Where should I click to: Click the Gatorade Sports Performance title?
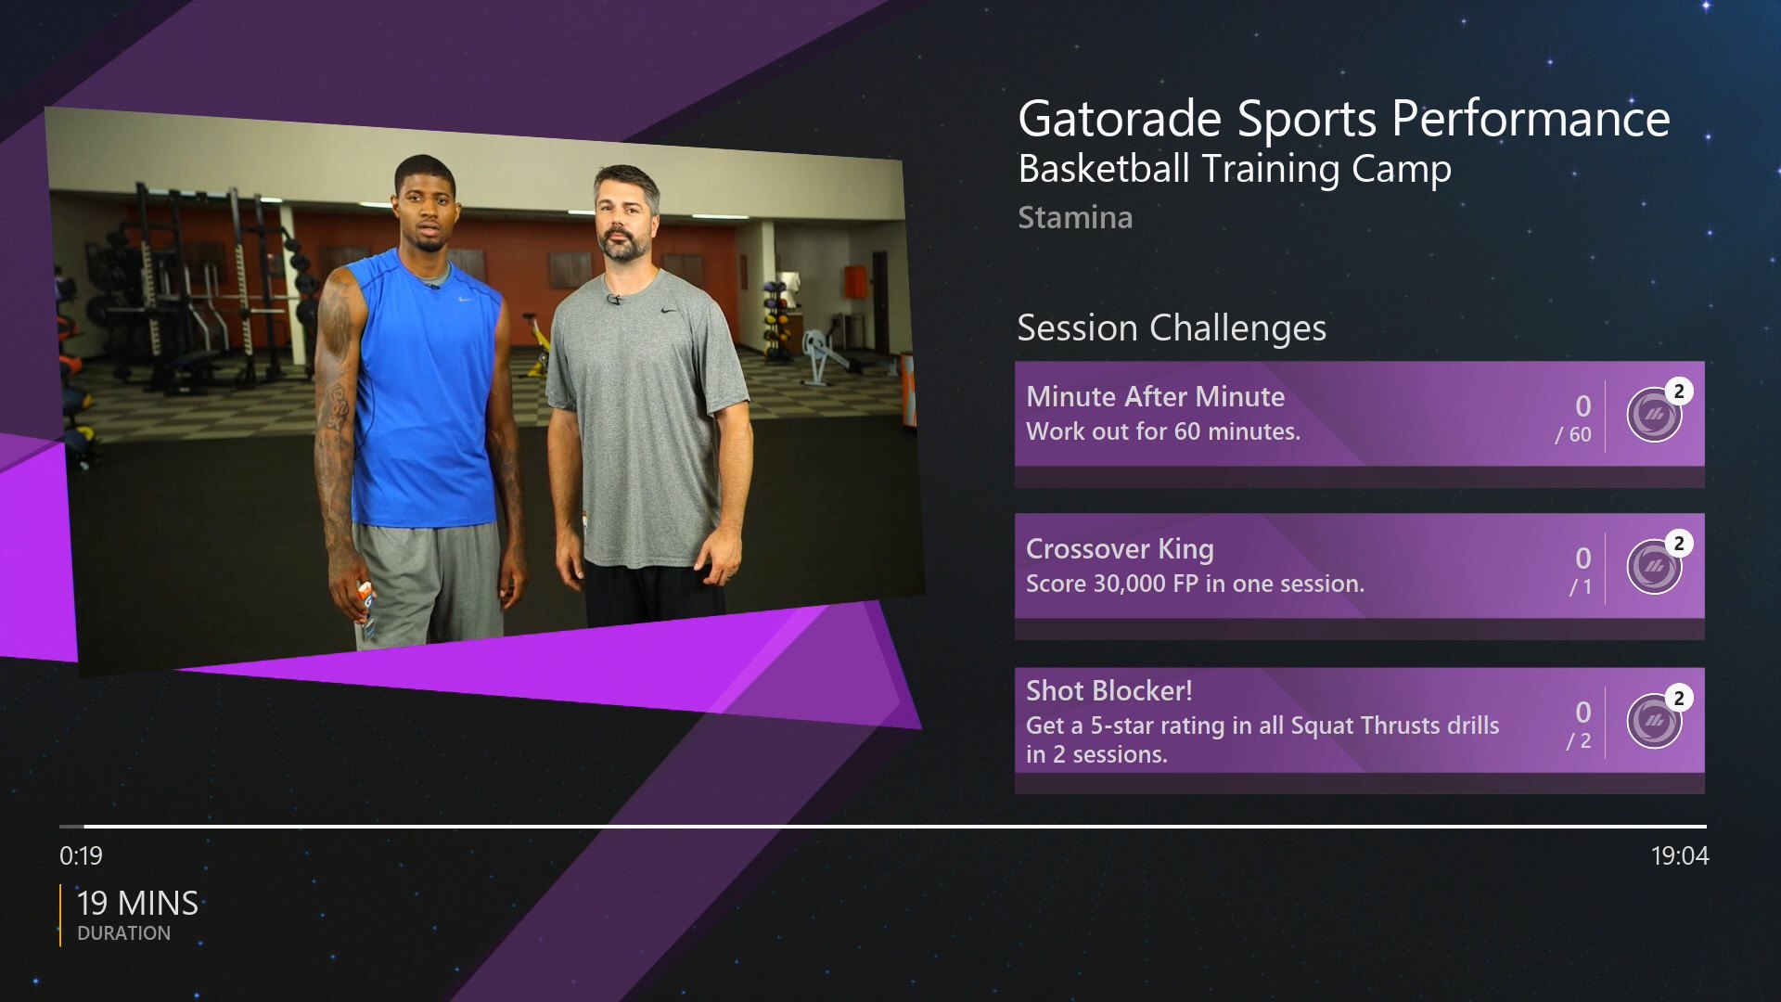click(x=1343, y=119)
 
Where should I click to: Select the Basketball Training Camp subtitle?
click(x=1235, y=170)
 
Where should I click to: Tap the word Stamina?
click(x=1075, y=217)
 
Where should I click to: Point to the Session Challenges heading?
click(x=1172, y=328)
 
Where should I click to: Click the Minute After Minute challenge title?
click(x=1155, y=397)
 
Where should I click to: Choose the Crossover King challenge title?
click(x=1120, y=549)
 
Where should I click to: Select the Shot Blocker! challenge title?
click(x=1108, y=691)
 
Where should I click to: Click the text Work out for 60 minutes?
click(x=1163, y=431)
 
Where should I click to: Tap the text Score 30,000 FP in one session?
click(x=1195, y=584)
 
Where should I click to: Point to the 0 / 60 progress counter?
click(x=1574, y=418)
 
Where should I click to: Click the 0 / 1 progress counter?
click(x=1581, y=571)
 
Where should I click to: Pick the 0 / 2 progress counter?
click(x=1580, y=725)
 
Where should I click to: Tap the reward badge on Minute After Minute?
click(x=1655, y=414)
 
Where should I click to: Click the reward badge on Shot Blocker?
click(x=1655, y=720)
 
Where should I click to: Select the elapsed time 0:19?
click(x=81, y=855)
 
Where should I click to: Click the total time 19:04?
click(x=1680, y=855)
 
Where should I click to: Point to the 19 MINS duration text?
click(x=137, y=903)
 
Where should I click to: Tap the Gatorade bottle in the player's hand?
click(x=366, y=609)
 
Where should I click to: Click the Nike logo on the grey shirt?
click(x=668, y=310)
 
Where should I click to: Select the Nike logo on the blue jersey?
click(x=466, y=299)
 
